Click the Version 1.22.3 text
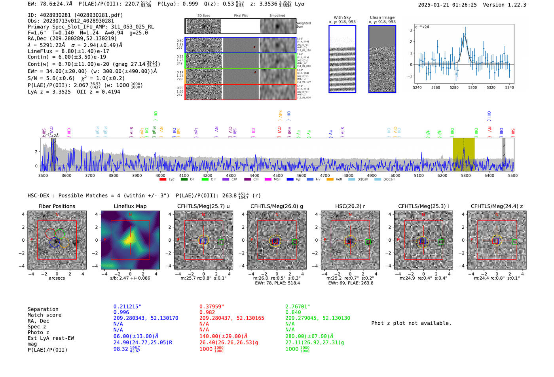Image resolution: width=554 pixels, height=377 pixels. pos(505,5)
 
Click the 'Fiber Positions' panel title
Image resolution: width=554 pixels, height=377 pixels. pos(57,206)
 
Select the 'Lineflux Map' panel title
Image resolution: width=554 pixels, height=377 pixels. pos(130,206)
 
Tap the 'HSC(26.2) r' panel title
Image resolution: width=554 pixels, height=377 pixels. pos(350,206)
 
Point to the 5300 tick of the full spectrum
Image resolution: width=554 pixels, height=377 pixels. pos(466,175)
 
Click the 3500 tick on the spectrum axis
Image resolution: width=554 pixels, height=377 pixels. pos(43,175)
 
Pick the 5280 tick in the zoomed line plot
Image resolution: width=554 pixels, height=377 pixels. pos(454,87)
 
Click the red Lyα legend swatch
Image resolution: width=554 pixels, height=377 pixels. pos(163,179)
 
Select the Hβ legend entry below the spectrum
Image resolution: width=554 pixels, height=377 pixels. pos(290,179)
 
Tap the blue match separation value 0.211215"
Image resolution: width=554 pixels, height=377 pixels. pos(127,307)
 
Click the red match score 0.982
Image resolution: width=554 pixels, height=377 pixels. pos(207,312)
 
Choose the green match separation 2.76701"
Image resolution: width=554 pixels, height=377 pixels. pos(297,307)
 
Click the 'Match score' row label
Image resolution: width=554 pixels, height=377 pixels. pos(44,315)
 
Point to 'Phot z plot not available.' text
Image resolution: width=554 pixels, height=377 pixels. pos(411,323)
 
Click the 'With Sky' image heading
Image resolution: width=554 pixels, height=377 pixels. pos(342,17)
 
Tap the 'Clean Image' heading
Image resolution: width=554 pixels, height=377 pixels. pos(382,17)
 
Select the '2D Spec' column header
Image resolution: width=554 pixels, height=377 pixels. pos(204,16)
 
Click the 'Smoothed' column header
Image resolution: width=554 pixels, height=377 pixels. pos(277,16)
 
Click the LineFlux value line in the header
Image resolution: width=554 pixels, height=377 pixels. pos(68,51)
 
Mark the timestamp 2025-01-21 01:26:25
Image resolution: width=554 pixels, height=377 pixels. pos(447,5)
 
